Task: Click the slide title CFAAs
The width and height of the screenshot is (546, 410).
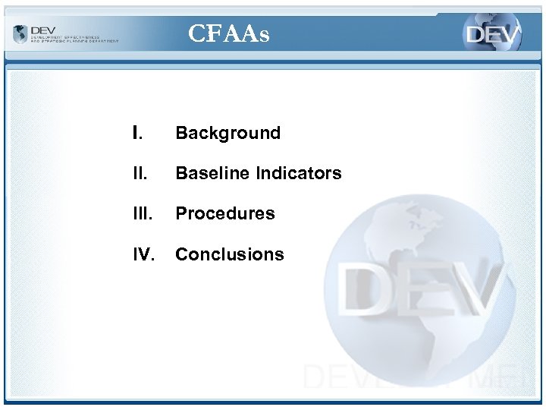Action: click(x=228, y=33)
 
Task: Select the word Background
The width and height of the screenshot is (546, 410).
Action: click(x=227, y=133)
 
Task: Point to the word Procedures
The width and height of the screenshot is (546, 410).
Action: click(x=224, y=213)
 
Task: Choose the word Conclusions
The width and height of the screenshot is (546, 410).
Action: click(x=229, y=254)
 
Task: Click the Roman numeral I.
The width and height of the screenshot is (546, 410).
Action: click(x=136, y=133)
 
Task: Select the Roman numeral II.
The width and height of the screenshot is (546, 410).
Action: click(x=137, y=173)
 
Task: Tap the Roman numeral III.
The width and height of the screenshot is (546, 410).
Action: click(x=140, y=213)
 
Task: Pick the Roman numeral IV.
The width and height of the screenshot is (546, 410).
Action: click(x=143, y=254)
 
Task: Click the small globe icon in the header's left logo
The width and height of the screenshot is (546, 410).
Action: click(x=20, y=34)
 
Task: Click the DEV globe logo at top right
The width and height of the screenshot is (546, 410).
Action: click(x=493, y=33)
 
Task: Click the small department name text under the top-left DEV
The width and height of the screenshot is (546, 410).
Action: click(x=74, y=39)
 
